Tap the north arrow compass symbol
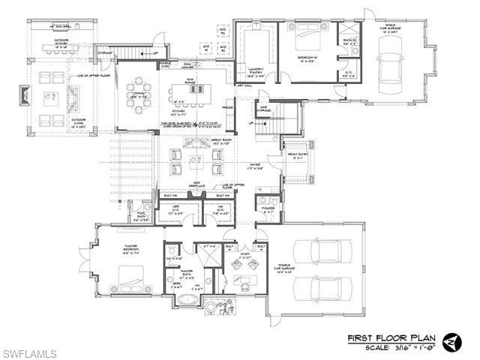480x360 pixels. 452,341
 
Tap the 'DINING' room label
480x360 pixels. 137,94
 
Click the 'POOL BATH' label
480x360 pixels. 141,217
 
